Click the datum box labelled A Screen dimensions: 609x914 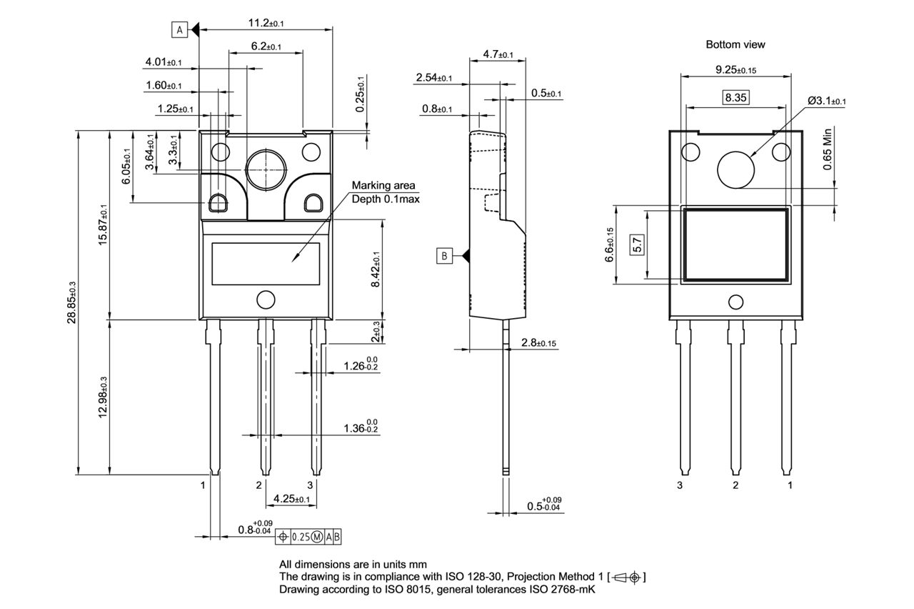click(179, 29)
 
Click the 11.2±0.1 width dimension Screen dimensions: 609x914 click(266, 24)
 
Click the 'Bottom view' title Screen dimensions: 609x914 click(735, 44)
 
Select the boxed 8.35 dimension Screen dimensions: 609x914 click(735, 98)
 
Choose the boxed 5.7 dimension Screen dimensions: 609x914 click(637, 244)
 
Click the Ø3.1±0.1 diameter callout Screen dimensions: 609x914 click(826, 101)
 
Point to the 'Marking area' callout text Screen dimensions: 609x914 click(383, 186)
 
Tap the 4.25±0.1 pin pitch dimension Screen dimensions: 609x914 click(291, 498)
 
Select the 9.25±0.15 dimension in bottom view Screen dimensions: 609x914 click(735, 69)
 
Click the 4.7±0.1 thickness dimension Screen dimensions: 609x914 click(498, 54)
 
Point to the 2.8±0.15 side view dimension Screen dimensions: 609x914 click(539, 344)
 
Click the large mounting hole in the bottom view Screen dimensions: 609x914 click(735, 169)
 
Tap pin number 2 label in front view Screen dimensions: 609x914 click(259, 485)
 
